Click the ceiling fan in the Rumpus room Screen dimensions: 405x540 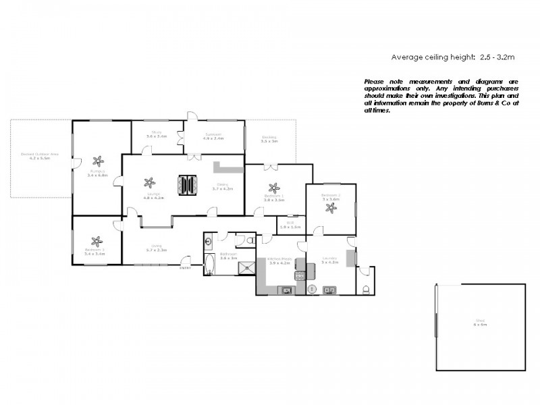coord(99,161)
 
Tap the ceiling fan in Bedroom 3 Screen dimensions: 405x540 coord(97,241)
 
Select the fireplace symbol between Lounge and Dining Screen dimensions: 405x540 coord(188,184)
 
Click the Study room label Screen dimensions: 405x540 coord(157,132)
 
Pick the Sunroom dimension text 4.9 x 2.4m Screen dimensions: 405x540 coord(214,138)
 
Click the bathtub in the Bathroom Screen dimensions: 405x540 coord(208,265)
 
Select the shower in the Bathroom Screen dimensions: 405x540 coord(246,267)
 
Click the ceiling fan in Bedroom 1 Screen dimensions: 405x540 coord(273,188)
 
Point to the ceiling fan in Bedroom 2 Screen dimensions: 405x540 coord(331,209)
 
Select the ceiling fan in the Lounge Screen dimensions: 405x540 coord(150,182)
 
